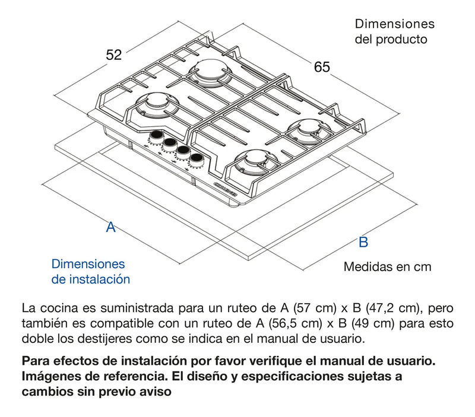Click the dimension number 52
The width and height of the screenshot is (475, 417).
coord(113,55)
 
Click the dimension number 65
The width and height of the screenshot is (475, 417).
coord(322,67)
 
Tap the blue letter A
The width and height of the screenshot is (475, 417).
coord(110,227)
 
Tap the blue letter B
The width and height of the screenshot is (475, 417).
coord(363,242)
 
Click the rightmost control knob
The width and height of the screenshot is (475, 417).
coord(195,159)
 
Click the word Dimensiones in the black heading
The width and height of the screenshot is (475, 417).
coord(394,24)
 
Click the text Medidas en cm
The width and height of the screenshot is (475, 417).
coord(387,267)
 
